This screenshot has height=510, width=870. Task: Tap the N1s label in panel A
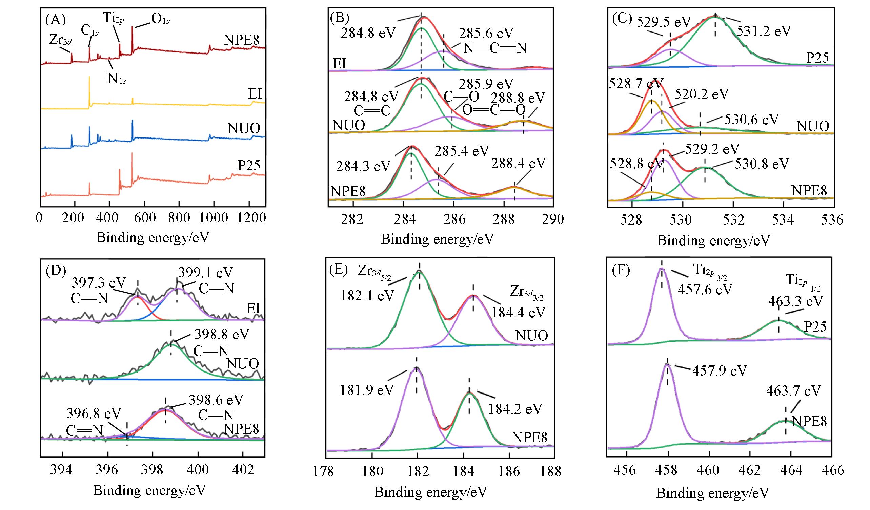117,79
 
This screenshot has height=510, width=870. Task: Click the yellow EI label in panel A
255,94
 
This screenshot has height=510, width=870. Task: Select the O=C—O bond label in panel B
493,110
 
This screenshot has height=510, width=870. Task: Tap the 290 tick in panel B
553,219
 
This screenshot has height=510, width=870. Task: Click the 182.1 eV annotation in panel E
367,295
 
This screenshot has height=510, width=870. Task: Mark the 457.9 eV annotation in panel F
720,371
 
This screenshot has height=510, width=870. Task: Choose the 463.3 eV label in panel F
795,301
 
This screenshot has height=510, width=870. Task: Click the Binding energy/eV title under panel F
712,493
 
